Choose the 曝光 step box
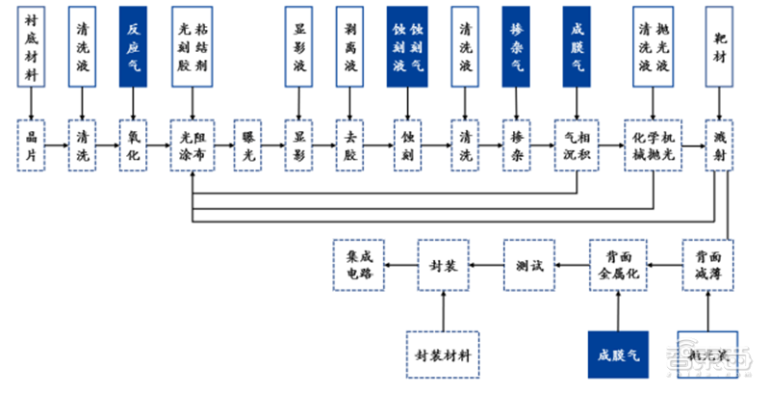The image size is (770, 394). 249,145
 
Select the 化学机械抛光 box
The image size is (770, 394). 655,145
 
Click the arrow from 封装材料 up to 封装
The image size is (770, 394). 443,308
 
